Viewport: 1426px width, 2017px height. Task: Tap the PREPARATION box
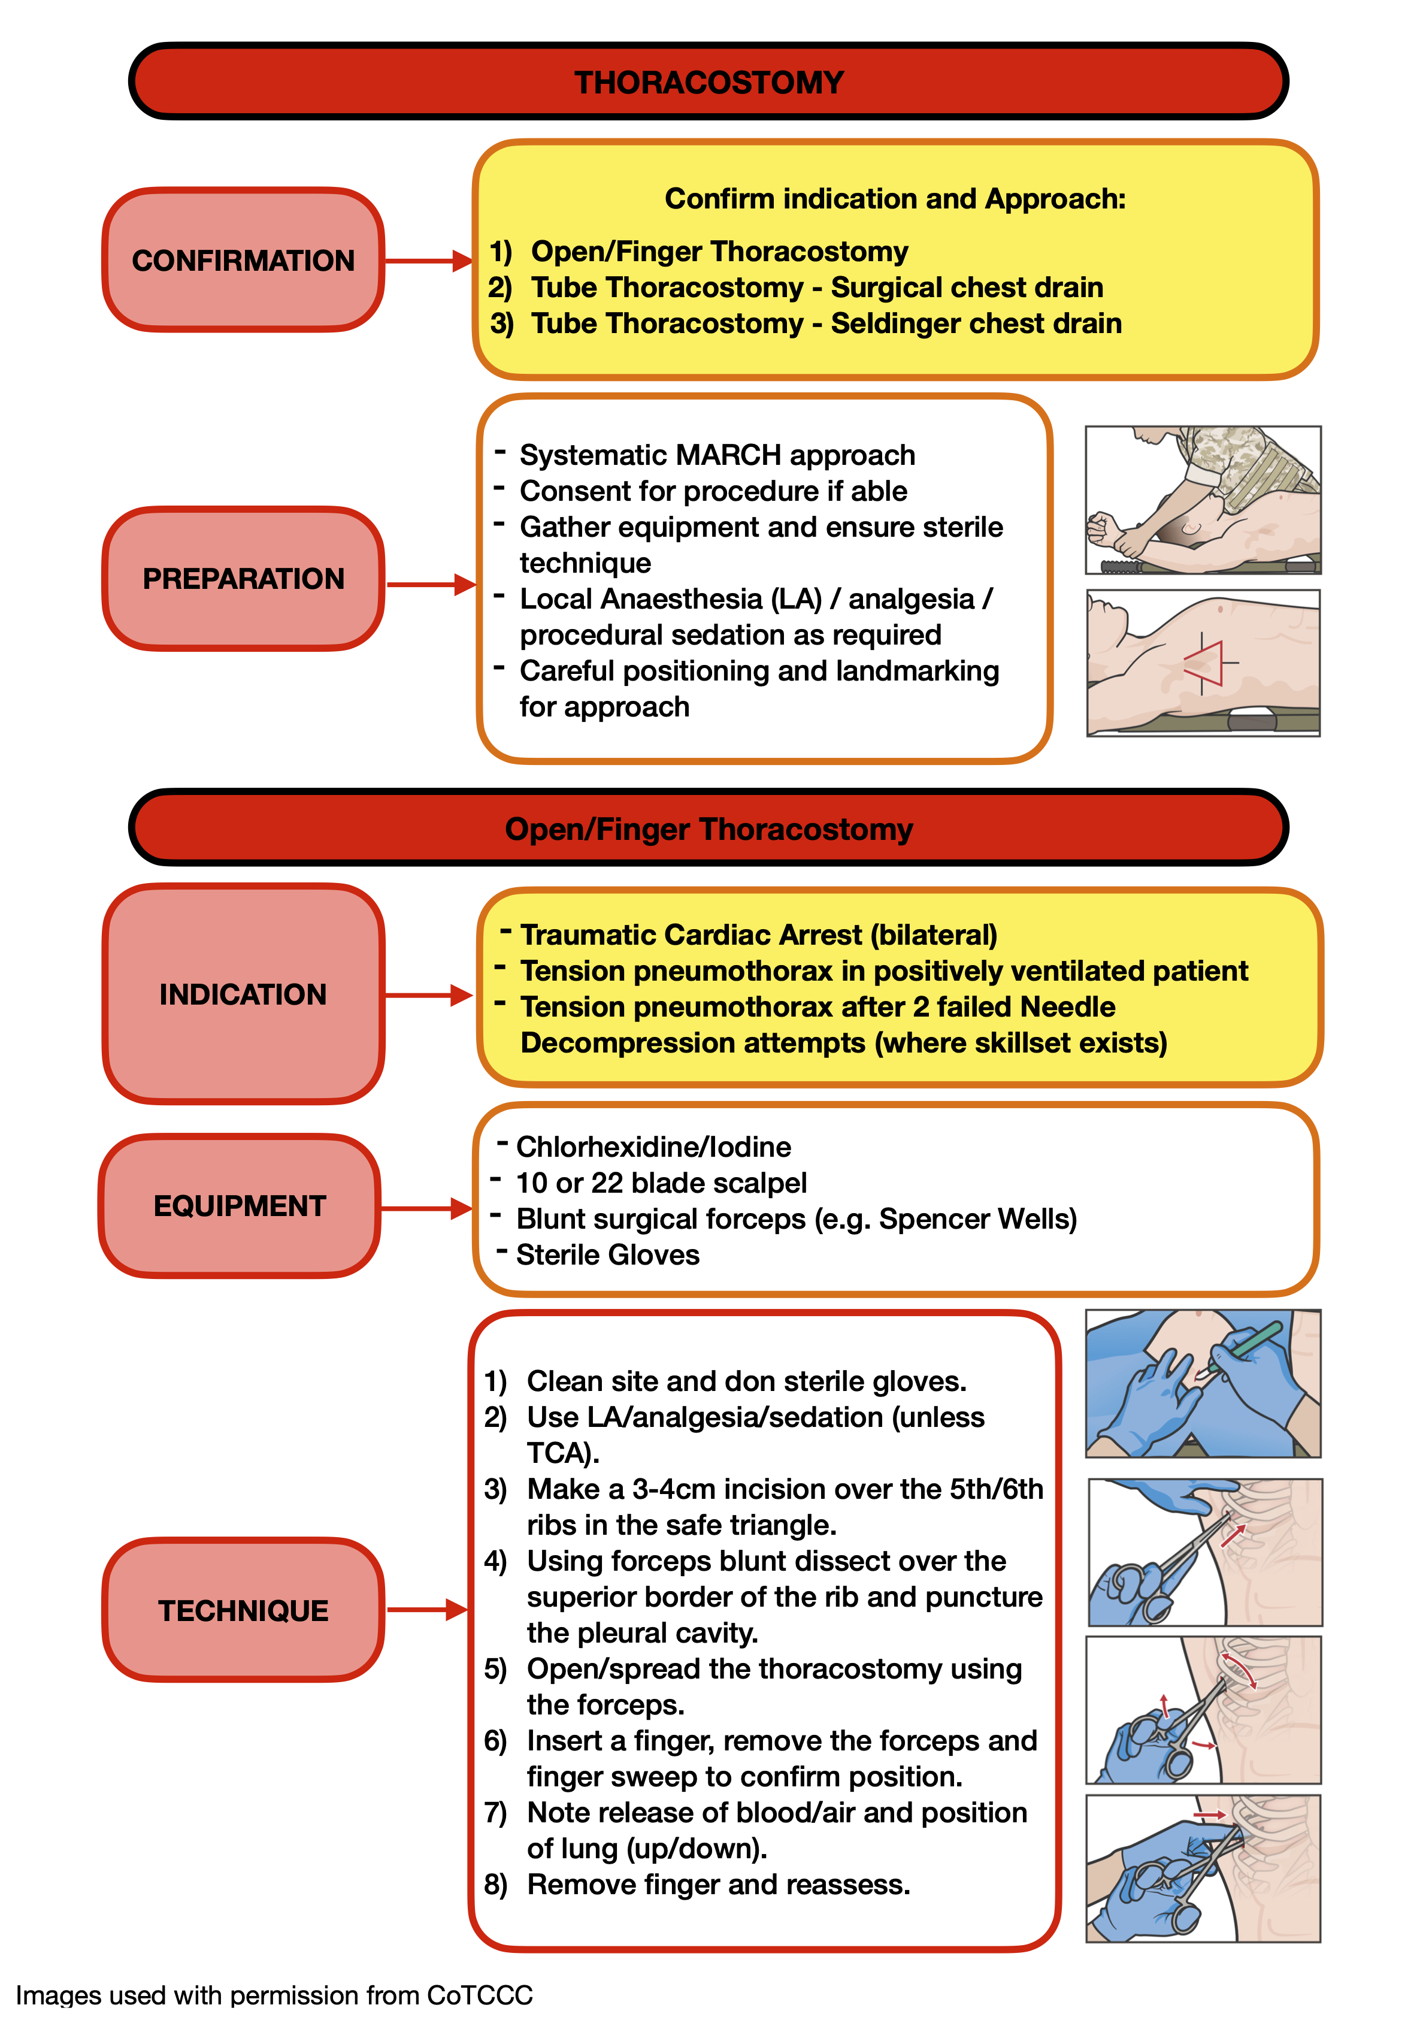pyautogui.click(x=243, y=579)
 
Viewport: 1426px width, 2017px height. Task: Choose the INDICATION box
pyautogui.click(x=243, y=994)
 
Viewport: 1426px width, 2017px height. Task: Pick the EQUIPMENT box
pyautogui.click(x=240, y=1206)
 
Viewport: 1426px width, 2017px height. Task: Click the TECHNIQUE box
pyautogui.click(x=243, y=1610)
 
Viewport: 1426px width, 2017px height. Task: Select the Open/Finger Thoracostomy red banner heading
pyautogui.click(x=709, y=829)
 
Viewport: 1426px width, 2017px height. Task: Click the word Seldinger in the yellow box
pyautogui.click(x=889, y=324)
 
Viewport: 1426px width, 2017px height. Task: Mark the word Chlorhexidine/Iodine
pyautogui.click(x=653, y=1147)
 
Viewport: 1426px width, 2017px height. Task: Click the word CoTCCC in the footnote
pyautogui.click(x=480, y=1995)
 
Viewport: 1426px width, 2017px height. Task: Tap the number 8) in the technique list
pyautogui.click(x=496, y=1885)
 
